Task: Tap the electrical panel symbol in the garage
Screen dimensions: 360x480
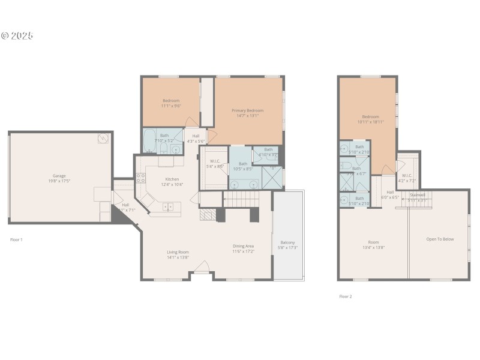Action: pos(104,139)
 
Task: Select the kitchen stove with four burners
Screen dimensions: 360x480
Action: pos(140,177)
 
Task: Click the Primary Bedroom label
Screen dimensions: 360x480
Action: pos(248,110)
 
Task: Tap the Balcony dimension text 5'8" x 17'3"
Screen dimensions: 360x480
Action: pos(288,247)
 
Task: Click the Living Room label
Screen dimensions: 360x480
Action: pos(178,252)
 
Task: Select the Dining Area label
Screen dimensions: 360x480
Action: pos(244,246)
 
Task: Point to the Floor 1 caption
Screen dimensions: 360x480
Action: pos(16,239)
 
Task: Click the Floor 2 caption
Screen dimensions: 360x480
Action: pos(346,296)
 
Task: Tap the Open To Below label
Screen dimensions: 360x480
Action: pos(440,239)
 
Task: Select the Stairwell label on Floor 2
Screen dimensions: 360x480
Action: pos(418,194)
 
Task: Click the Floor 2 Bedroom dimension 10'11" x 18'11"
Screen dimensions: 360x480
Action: pos(370,122)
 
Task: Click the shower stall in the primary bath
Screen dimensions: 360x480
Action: pos(272,176)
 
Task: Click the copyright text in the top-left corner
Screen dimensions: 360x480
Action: pos(17,35)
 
